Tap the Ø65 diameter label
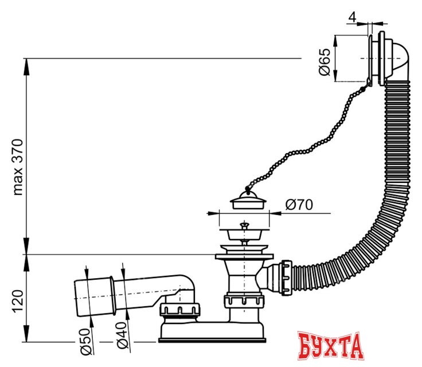325,62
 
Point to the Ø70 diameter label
298,205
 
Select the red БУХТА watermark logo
331,345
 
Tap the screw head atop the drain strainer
244,225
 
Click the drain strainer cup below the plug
244,235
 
